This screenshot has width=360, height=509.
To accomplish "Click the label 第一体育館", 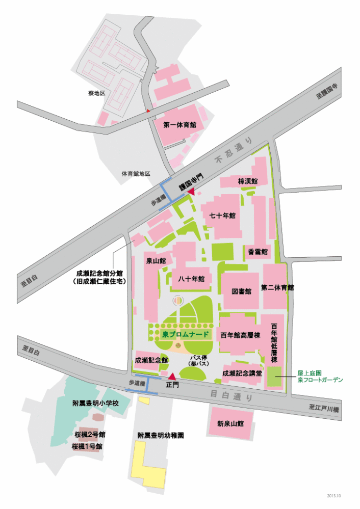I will [x=180, y=124].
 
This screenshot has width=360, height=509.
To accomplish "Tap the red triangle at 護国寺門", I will [x=191, y=191].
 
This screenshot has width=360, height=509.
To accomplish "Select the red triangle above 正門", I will [x=173, y=376].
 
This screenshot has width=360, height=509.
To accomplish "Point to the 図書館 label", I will [x=241, y=292].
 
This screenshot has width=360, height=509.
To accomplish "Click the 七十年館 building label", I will [x=222, y=216].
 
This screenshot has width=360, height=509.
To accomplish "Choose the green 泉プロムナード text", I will [x=186, y=335].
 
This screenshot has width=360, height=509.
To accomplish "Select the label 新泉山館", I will [x=230, y=423].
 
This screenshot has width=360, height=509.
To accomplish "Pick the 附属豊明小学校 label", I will [x=95, y=403].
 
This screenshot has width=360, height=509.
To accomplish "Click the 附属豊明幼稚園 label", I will [x=161, y=436].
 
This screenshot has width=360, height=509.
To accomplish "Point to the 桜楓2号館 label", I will [x=89, y=435].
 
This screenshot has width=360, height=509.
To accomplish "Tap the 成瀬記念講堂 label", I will [x=242, y=373].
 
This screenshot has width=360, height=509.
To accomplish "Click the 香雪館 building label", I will [x=258, y=251].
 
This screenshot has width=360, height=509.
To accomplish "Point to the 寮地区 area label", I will [x=96, y=93].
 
